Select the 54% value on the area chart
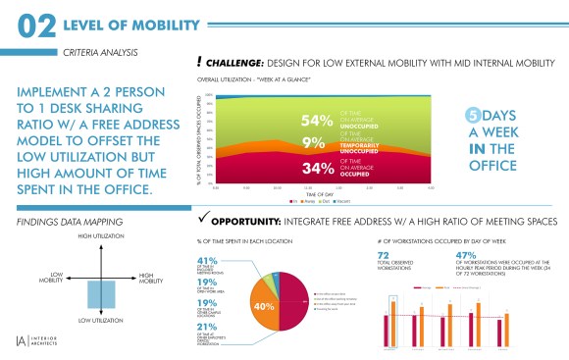[x=320, y=122]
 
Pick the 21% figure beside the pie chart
[x=207, y=327]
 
